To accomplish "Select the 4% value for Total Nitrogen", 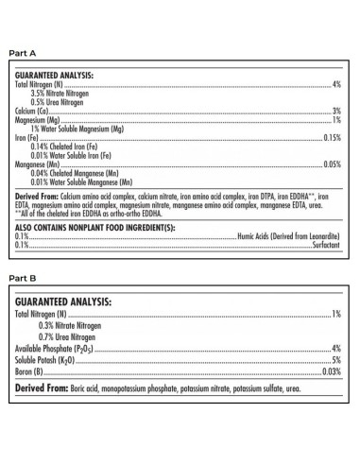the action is pos(335,85).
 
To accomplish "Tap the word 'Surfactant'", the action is pos(324,245).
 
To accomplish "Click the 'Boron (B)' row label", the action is pos(28,372).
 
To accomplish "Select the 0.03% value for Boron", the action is pos(331,372).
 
